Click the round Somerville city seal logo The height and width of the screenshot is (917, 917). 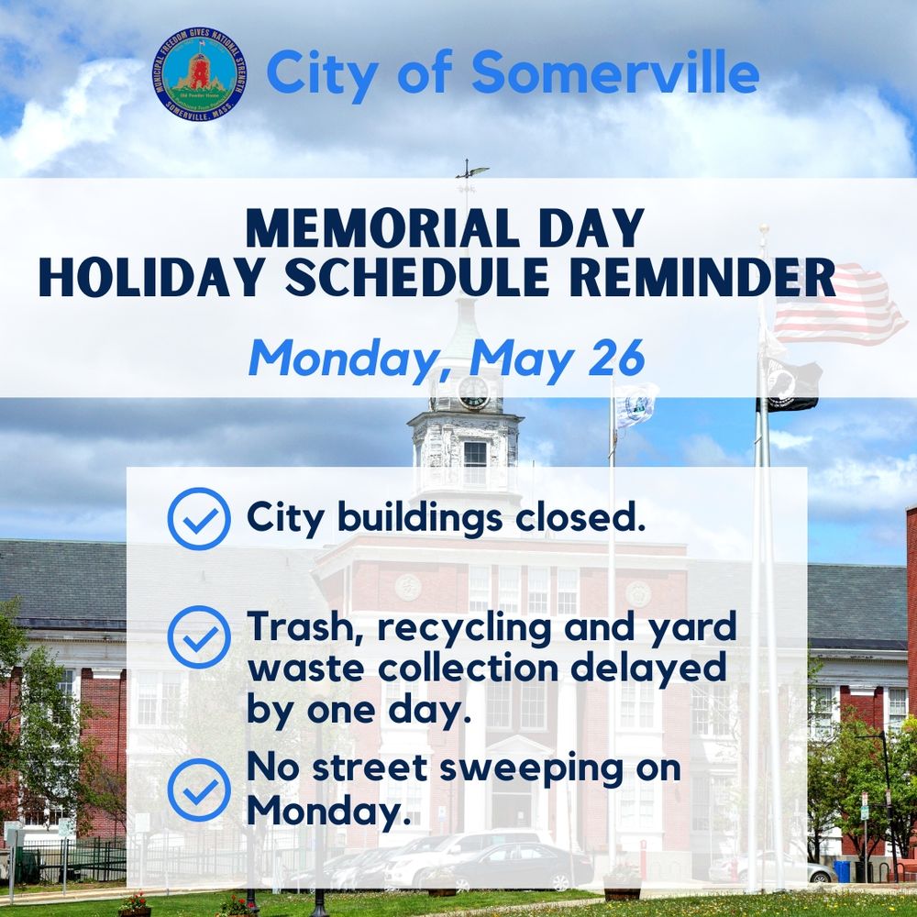(199, 74)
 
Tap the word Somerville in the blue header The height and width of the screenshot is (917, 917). (615, 72)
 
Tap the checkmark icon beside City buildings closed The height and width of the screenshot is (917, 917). (199, 519)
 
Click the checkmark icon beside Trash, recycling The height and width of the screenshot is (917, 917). (199, 637)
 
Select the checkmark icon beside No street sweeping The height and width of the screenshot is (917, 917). (199, 790)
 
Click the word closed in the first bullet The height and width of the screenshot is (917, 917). (580, 517)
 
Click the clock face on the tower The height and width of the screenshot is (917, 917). (474, 392)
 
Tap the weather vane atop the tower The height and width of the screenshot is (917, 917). (470, 171)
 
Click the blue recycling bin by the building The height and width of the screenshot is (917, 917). (842, 871)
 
